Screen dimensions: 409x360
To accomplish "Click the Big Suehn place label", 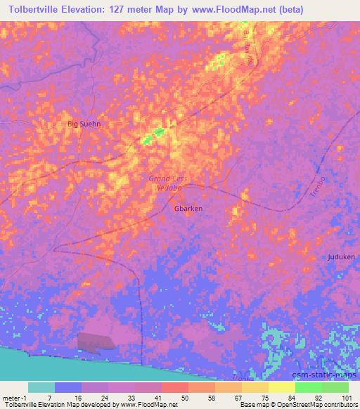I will pyautogui.click(x=84, y=124).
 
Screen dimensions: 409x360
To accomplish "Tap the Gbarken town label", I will pyautogui.click(x=188, y=209).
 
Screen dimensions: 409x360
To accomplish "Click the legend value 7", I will pyautogui.click(x=49, y=397).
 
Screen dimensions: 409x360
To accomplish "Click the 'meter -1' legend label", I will pyautogui.click(x=14, y=397).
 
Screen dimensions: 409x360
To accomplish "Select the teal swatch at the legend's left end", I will pyautogui.click(x=41, y=387).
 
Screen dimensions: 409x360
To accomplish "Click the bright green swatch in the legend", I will pyautogui.click(x=308, y=387).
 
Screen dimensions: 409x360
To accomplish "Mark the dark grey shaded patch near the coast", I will pyautogui.click(x=96, y=341).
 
